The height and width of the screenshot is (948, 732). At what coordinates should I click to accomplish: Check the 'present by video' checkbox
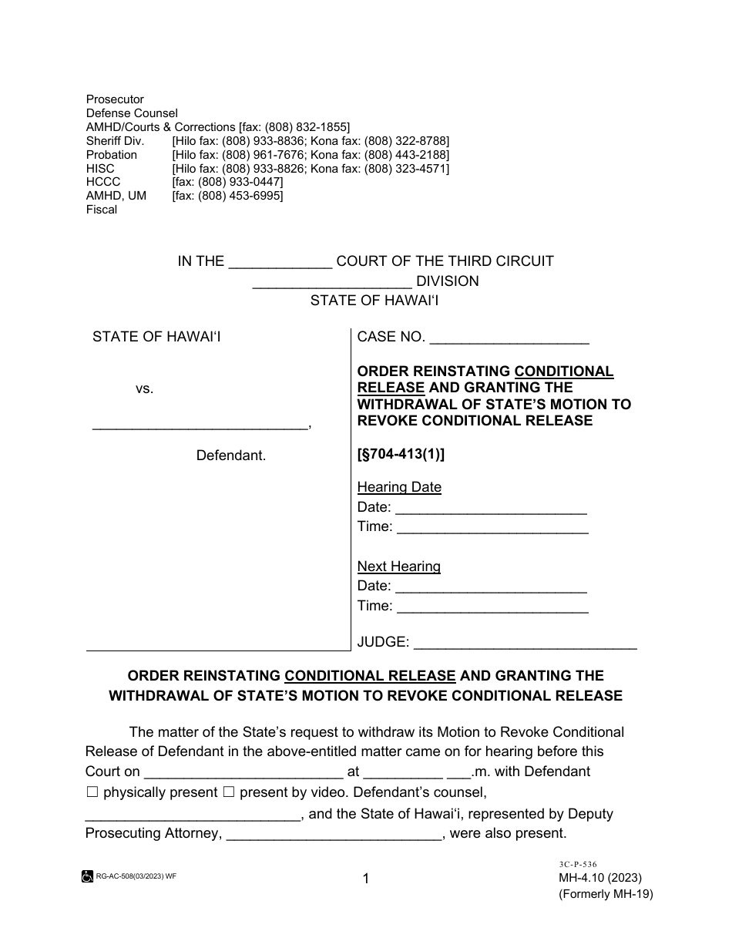click(228, 792)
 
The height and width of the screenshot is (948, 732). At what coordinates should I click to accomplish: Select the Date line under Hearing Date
click(491, 508)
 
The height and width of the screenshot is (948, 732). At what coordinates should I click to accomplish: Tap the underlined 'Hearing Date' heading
click(399, 487)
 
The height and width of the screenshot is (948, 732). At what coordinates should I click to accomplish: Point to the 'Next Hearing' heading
click(398, 566)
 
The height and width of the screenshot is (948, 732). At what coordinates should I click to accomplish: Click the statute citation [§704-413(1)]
click(401, 455)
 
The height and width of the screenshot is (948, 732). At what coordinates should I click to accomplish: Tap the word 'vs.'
click(145, 389)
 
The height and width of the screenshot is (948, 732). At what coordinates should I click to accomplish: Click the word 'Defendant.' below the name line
click(231, 456)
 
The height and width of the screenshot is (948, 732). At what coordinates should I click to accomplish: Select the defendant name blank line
click(200, 423)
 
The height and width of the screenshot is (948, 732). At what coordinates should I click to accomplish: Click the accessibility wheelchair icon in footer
click(86, 876)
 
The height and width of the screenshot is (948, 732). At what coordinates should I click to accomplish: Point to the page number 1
click(366, 878)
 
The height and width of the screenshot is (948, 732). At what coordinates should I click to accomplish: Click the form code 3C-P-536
click(571, 865)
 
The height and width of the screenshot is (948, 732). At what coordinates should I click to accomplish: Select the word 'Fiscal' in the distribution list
click(102, 210)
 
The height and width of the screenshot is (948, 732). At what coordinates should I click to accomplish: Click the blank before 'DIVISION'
click(332, 282)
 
